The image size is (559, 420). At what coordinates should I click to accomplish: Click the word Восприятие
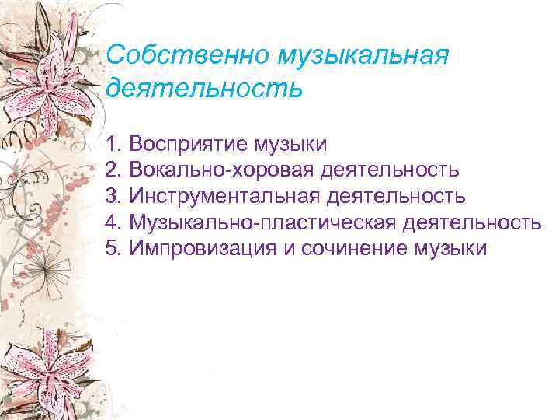coord(186,144)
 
